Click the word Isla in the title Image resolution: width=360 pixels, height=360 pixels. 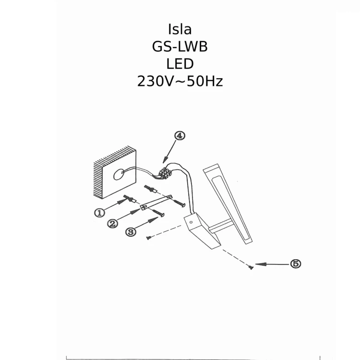tap(180, 29)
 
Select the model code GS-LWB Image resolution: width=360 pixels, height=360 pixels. tap(180, 47)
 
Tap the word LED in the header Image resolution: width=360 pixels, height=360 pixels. tap(180, 64)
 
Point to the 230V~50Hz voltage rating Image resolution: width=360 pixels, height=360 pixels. tap(180, 81)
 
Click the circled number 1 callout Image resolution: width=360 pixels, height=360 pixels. tap(99, 213)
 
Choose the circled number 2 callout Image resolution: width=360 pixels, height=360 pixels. tap(112, 224)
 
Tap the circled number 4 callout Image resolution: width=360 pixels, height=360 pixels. tap(179, 135)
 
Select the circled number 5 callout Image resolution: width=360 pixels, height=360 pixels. tap(296, 264)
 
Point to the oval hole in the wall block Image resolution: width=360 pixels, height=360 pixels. tap(118, 176)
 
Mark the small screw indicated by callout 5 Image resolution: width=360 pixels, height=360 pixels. tap(251, 267)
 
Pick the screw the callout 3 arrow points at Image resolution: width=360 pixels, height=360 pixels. tap(159, 213)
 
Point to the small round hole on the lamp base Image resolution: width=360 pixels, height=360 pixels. tap(191, 222)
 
